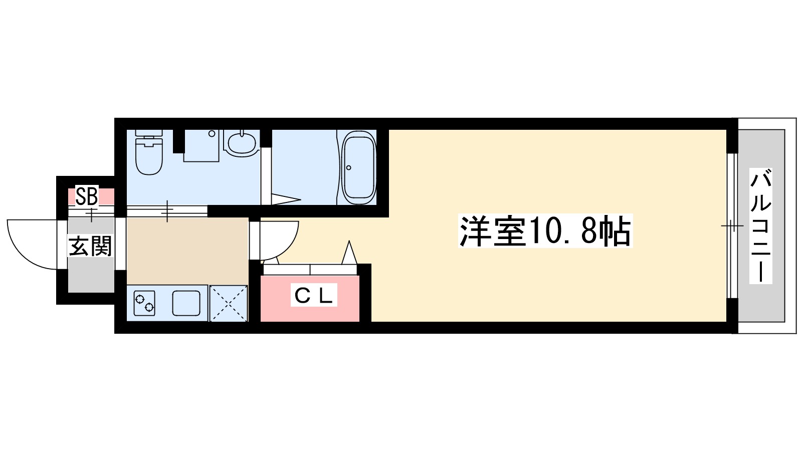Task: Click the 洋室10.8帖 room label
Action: pyautogui.click(x=545, y=232)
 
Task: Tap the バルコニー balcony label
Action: pyautogui.click(x=760, y=227)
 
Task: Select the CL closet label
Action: pyautogui.click(x=314, y=296)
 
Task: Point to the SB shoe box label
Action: pyautogui.click(x=86, y=196)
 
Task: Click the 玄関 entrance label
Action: pyautogui.click(x=90, y=246)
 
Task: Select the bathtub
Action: pyautogui.click(x=358, y=167)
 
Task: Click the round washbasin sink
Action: pyautogui.click(x=242, y=143)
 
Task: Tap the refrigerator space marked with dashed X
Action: pyautogui.click(x=229, y=303)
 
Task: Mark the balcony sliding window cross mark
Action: pyautogui.click(x=732, y=227)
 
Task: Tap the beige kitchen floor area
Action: pyautogui.click(x=187, y=251)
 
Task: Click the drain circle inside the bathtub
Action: pyautogui.click(x=349, y=167)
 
